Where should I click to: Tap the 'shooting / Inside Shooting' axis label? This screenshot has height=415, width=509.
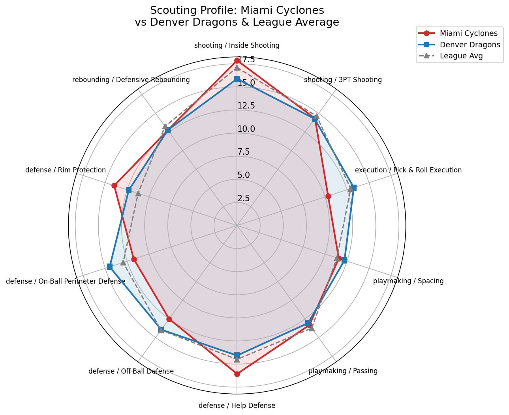(237, 45)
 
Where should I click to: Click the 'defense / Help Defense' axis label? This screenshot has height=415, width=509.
(237, 406)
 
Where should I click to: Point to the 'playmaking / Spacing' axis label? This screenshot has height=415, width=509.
(408, 281)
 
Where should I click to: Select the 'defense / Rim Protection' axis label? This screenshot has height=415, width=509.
(66, 170)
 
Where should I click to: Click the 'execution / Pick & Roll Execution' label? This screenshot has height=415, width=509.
(408, 170)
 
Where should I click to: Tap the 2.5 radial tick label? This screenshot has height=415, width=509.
(244, 198)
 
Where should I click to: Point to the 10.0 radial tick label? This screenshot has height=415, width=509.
(246, 129)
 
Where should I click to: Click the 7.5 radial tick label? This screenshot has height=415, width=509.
(244, 152)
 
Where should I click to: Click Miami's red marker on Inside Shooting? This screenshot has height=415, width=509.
(237, 60)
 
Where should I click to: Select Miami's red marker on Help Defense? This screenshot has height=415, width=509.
(237, 374)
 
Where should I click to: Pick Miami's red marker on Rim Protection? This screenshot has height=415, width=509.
(114, 185)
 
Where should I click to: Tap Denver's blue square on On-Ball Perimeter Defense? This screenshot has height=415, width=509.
(110, 267)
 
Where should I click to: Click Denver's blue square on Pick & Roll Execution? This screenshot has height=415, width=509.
(354, 187)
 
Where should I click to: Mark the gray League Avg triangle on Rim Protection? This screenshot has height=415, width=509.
(138, 193)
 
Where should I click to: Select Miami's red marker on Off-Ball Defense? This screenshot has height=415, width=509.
(169, 319)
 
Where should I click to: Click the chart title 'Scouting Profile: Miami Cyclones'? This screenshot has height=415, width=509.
(237, 10)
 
